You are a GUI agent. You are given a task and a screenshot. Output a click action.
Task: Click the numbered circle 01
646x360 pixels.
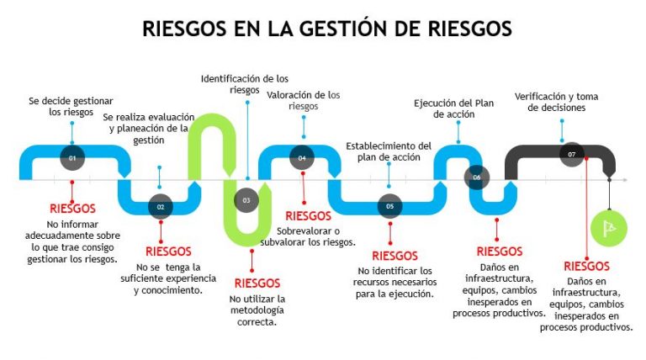72,157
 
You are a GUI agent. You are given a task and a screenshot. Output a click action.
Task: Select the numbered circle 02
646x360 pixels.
160,205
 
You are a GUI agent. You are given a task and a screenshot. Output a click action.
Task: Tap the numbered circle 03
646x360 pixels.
246,200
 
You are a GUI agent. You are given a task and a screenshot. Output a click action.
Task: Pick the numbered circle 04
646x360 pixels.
302,157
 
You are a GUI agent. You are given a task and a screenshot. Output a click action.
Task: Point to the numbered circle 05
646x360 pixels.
389,205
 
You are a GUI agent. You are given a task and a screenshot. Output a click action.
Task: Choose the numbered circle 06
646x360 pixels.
477,177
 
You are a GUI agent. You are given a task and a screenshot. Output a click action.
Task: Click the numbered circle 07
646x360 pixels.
572,155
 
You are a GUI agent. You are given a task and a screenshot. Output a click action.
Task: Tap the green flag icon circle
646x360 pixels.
609,225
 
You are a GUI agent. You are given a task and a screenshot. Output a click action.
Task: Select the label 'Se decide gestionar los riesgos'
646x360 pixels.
71,106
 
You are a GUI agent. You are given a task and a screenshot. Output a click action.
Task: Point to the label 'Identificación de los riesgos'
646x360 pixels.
245,84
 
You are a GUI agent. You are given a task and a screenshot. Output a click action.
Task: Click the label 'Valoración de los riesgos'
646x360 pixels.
304,100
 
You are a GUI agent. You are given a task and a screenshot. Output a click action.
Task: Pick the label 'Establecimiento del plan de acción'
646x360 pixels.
389,151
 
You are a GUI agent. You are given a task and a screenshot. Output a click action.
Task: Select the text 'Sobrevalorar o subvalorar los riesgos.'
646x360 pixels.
316,236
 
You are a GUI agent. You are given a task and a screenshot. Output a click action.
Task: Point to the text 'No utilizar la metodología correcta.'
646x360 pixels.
257,310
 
